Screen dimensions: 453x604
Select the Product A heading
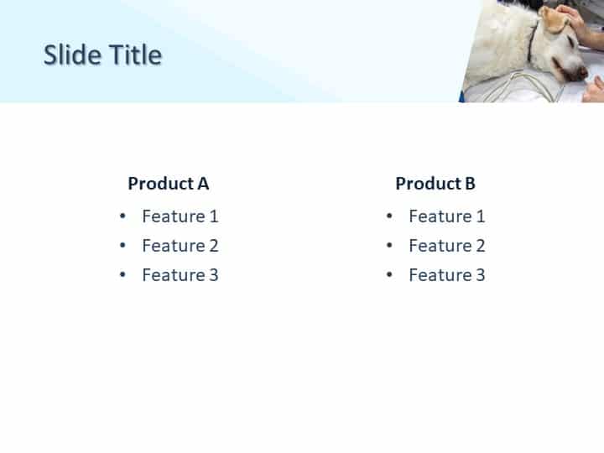[x=168, y=183]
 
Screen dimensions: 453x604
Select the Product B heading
[x=435, y=183]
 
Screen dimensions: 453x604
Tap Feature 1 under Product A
[x=180, y=216]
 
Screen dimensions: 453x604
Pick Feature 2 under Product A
[x=180, y=245]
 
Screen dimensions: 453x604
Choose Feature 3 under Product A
[x=180, y=274]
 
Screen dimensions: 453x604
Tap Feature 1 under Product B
[x=446, y=216]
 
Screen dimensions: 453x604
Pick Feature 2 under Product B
[x=446, y=245]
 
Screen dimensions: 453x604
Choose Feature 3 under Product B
[x=446, y=274]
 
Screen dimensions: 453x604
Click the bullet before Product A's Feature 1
[x=122, y=216]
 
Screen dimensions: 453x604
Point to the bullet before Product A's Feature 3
[x=122, y=274]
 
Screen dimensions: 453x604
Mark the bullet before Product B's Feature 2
[x=389, y=245]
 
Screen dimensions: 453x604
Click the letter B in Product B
[x=470, y=183]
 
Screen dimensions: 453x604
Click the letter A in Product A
[x=203, y=183]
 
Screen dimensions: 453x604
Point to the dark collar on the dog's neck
[x=532, y=42]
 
